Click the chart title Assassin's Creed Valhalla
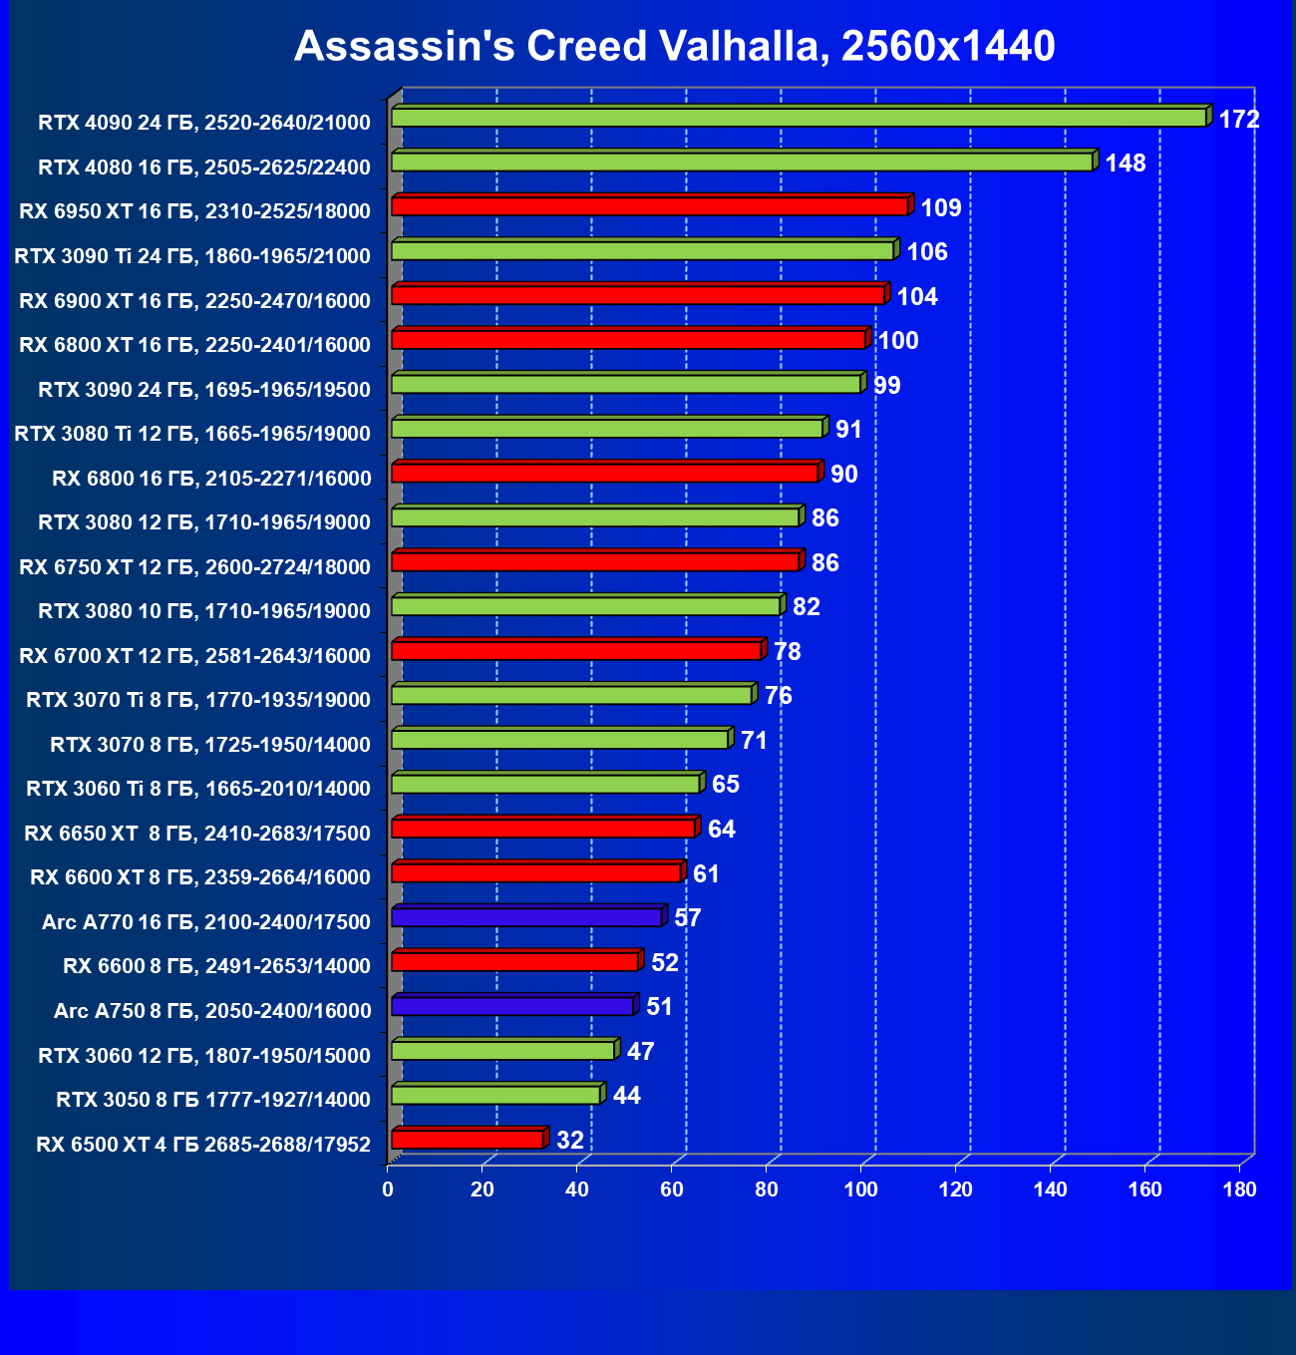(674, 46)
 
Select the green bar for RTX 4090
(798, 118)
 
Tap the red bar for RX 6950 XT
(648, 206)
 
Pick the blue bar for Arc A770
(526, 917)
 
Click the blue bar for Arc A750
(512, 1006)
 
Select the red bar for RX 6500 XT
(467, 1140)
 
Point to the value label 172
(1239, 120)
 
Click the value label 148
(1126, 164)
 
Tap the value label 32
(570, 1140)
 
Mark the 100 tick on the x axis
(861, 1188)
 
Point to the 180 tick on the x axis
(1240, 1188)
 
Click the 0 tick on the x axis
(388, 1188)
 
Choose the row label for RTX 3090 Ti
(192, 256)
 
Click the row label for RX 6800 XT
(194, 345)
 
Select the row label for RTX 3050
(213, 1100)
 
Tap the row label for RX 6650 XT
(197, 834)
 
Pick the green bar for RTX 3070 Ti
(571, 695)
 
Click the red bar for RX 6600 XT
(535, 873)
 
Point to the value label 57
(688, 918)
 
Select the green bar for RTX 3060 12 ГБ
(502, 1051)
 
